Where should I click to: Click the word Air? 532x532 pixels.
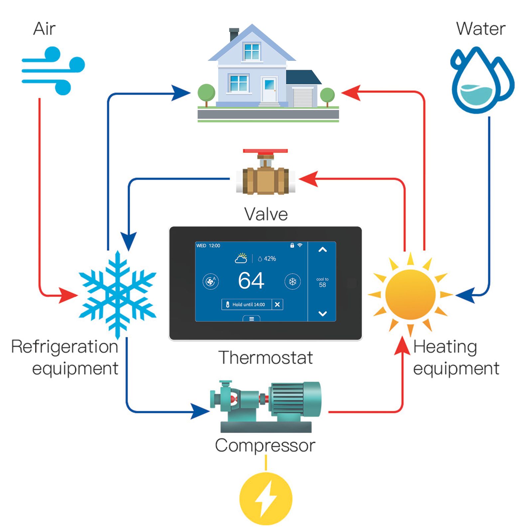(x=44, y=29)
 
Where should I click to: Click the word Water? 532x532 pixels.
(x=480, y=29)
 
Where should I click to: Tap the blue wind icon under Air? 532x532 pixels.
(x=53, y=70)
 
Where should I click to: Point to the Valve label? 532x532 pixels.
(x=266, y=214)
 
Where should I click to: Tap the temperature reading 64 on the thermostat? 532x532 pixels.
(x=251, y=281)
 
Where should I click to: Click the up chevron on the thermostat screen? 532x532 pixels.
(x=322, y=250)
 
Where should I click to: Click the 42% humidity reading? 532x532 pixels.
(x=269, y=259)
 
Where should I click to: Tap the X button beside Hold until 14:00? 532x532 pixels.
(x=277, y=304)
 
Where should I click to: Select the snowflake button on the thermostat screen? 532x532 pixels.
(x=292, y=282)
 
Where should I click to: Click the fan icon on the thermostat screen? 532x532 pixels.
(x=210, y=282)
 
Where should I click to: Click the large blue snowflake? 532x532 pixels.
(x=117, y=294)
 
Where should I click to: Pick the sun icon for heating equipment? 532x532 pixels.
(x=410, y=294)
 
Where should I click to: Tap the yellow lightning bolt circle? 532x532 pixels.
(x=266, y=499)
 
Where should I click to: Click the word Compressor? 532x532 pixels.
(x=265, y=446)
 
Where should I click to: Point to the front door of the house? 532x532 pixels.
(x=269, y=89)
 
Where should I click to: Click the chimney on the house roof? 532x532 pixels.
(x=234, y=34)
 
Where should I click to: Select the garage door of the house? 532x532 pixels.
(x=303, y=97)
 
